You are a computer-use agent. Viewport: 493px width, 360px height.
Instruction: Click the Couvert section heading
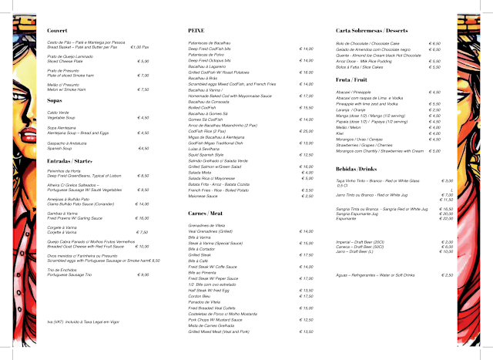coord(50,31)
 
